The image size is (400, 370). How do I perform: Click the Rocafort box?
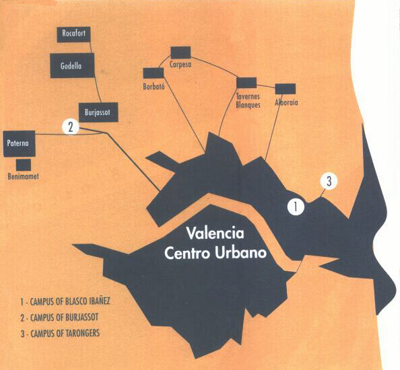pos(73,34)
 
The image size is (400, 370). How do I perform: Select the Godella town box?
pos(73,65)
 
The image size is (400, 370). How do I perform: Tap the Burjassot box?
pos(98,112)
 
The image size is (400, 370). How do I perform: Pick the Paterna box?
pos(19,143)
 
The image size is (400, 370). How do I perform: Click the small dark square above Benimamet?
pos(24,165)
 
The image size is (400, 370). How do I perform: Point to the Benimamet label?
pos(23,176)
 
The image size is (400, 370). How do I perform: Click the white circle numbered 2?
pos(71,127)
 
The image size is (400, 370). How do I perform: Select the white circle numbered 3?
pos(329,181)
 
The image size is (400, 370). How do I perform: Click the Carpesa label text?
pos(180,64)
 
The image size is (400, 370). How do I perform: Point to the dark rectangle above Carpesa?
pos(180,52)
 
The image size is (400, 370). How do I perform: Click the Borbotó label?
pos(154,87)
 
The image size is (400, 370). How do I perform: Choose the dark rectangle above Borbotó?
pos(154,73)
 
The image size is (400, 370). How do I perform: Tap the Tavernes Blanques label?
pos(248,101)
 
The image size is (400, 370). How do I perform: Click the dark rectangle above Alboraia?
pos(286,89)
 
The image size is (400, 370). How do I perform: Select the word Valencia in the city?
pos(215,233)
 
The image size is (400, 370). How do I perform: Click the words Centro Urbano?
pos(215,253)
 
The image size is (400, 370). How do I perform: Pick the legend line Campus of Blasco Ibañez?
pos(65,301)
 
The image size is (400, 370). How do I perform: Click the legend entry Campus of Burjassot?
pos(59,318)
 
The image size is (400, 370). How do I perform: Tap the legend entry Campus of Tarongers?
pos(60,333)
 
